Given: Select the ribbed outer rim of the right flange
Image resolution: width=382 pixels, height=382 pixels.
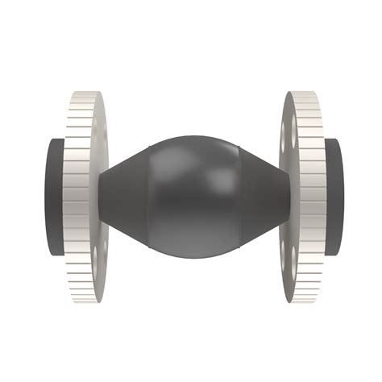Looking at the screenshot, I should pyautogui.click(x=311, y=193).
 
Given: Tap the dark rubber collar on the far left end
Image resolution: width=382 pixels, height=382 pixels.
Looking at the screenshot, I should pyautogui.click(x=50, y=197).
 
